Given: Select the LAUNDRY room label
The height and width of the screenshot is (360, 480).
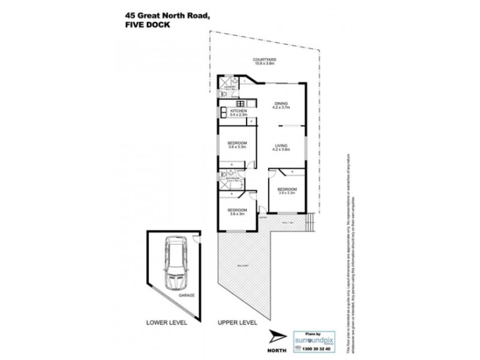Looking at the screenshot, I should [228, 87].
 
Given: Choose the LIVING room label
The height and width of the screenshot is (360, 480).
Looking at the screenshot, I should [281, 146].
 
